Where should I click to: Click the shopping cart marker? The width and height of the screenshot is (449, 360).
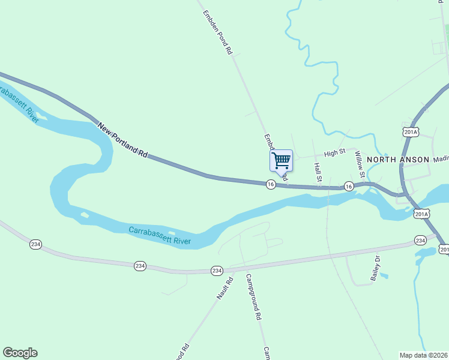click(x=281, y=161)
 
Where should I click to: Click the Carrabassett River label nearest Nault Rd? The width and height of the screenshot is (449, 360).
click(x=160, y=236)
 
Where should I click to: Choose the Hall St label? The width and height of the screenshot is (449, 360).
click(x=319, y=172)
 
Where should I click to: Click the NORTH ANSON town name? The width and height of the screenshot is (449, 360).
click(x=398, y=160)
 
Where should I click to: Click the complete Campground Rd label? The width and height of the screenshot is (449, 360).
click(x=255, y=297)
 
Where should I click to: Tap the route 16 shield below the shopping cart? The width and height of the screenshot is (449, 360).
click(x=271, y=184)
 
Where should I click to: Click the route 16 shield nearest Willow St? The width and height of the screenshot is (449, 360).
click(x=349, y=187)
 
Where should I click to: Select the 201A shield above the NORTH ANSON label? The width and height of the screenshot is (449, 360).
click(x=411, y=132)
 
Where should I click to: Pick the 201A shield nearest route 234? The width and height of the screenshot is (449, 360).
click(x=422, y=214)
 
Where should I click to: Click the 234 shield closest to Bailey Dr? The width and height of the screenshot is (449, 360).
click(x=420, y=240)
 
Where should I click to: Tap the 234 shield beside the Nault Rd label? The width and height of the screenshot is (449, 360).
click(x=217, y=271)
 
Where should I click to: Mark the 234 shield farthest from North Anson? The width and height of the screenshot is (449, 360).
click(x=35, y=244)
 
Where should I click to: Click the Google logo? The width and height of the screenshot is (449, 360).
click(x=20, y=353)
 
